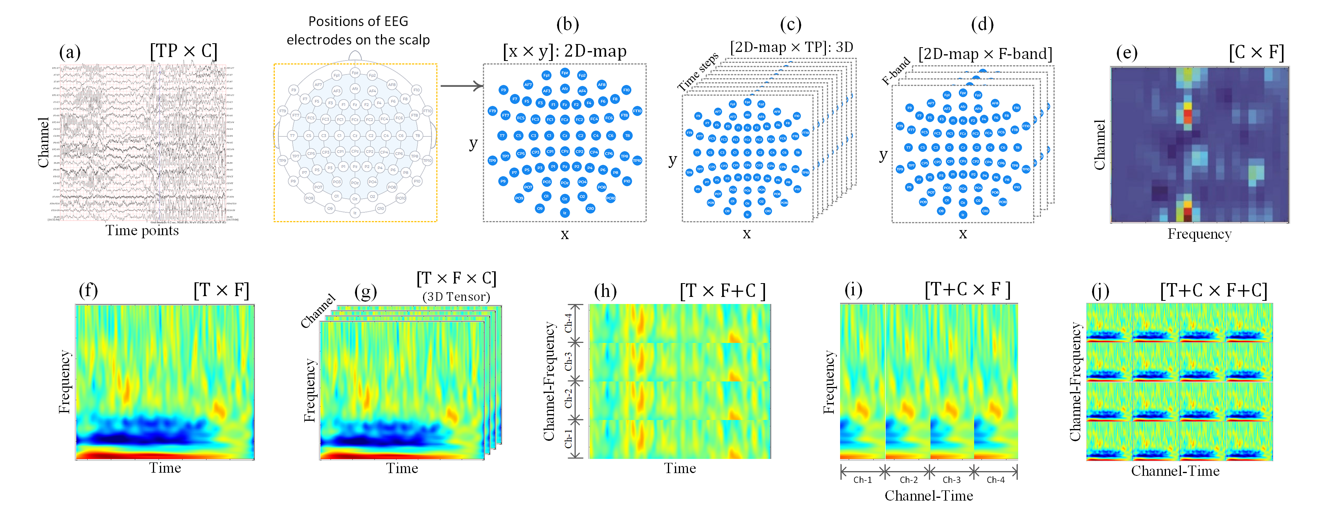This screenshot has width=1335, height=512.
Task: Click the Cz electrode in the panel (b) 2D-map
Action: tap(565, 136)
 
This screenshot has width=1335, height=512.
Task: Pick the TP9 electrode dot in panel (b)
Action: tap(492, 161)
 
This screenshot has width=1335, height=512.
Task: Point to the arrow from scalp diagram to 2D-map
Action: tap(461, 86)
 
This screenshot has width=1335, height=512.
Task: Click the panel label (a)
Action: tap(70, 52)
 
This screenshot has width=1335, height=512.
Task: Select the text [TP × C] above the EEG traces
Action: tap(184, 51)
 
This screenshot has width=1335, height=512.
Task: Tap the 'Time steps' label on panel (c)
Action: tap(697, 72)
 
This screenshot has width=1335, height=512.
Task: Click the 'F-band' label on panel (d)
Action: tap(896, 71)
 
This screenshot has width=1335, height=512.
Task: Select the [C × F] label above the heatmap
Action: tap(1256, 52)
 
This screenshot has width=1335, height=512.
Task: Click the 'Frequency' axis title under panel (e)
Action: tap(1199, 234)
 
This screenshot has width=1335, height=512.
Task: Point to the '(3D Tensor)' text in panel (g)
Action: tap(456, 297)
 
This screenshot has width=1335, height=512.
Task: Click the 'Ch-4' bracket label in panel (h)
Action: tap(568, 323)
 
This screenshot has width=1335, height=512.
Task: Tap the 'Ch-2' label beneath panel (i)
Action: tap(908, 480)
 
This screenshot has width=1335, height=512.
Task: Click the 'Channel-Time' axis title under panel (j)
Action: tap(1175, 471)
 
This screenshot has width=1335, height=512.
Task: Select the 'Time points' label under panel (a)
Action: tap(142, 230)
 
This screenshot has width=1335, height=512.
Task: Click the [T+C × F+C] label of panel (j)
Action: tap(1213, 290)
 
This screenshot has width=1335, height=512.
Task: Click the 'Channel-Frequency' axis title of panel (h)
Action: tap(549, 381)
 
